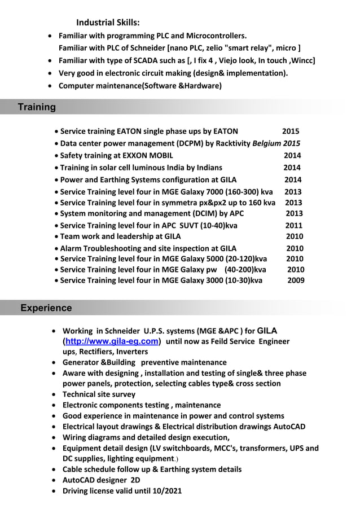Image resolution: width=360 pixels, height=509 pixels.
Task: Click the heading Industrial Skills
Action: (x=108, y=23)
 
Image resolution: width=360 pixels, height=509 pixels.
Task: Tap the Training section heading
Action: (x=37, y=107)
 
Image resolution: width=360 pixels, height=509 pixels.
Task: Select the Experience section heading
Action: (x=46, y=308)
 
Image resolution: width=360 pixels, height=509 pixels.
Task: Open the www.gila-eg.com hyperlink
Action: (x=112, y=341)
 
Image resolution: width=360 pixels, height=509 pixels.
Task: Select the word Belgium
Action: (x=267, y=143)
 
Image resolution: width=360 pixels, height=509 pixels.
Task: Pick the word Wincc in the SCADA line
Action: (x=303, y=60)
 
